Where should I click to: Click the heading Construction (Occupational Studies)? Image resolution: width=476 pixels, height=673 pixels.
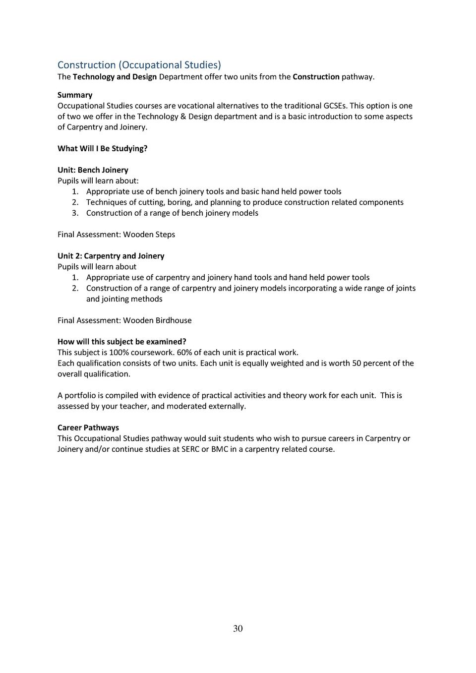click(x=139, y=65)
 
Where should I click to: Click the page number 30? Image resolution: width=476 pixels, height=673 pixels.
click(x=238, y=629)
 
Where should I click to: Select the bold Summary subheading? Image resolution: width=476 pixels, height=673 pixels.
click(x=75, y=95)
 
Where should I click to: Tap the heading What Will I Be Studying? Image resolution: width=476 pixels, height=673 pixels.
click(x=103, y=148)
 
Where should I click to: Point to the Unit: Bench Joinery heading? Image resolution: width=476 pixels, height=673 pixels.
click(x=93, y=170)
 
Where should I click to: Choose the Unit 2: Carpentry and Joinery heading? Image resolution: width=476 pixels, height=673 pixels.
click(x=111, y=256)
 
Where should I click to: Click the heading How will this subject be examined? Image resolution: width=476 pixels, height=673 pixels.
click(x=122, y=342)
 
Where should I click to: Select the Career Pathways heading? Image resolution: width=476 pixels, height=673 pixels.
click(x=88, y=428)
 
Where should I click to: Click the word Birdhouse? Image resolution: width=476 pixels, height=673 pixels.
click(x=174, y=320)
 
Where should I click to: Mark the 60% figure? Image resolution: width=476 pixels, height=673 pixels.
click(x=184, y=353)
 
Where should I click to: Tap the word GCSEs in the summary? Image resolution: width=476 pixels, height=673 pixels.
click(x=336, y=106)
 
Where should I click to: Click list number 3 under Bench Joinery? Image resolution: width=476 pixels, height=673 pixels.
click(x=75, y=213)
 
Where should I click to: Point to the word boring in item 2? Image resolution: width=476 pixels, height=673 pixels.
click(x=179, y=202)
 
